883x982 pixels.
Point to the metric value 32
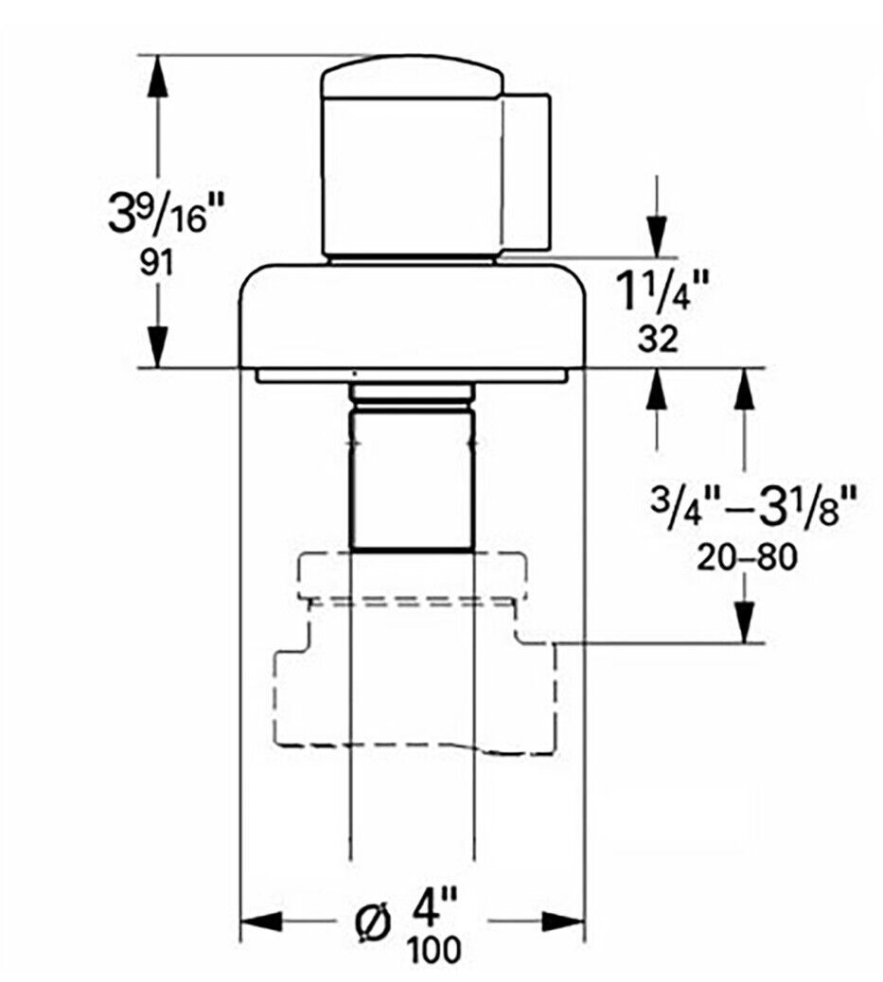coord(658,340)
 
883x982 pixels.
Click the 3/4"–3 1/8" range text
coord(753,507)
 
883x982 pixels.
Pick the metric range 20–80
coord(748,557)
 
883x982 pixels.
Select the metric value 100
coord(434,950)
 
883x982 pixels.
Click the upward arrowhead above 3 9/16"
coord(157,77)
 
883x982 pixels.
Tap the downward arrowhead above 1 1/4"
coord(657,237)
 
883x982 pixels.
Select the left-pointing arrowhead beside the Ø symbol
coord(262,921)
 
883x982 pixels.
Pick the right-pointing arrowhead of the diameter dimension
coord(563,921)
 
